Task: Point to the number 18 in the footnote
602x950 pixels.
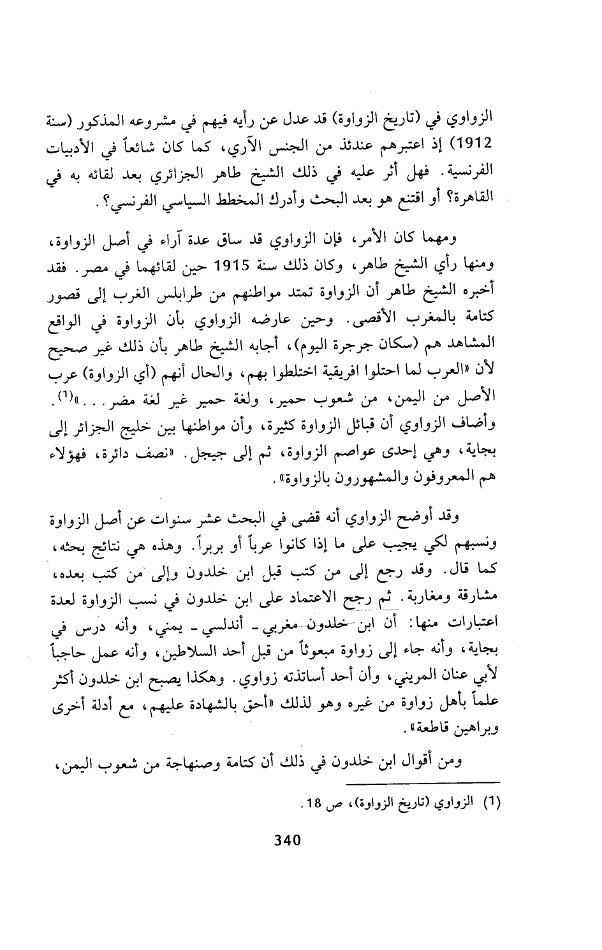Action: tap(311, 803)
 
